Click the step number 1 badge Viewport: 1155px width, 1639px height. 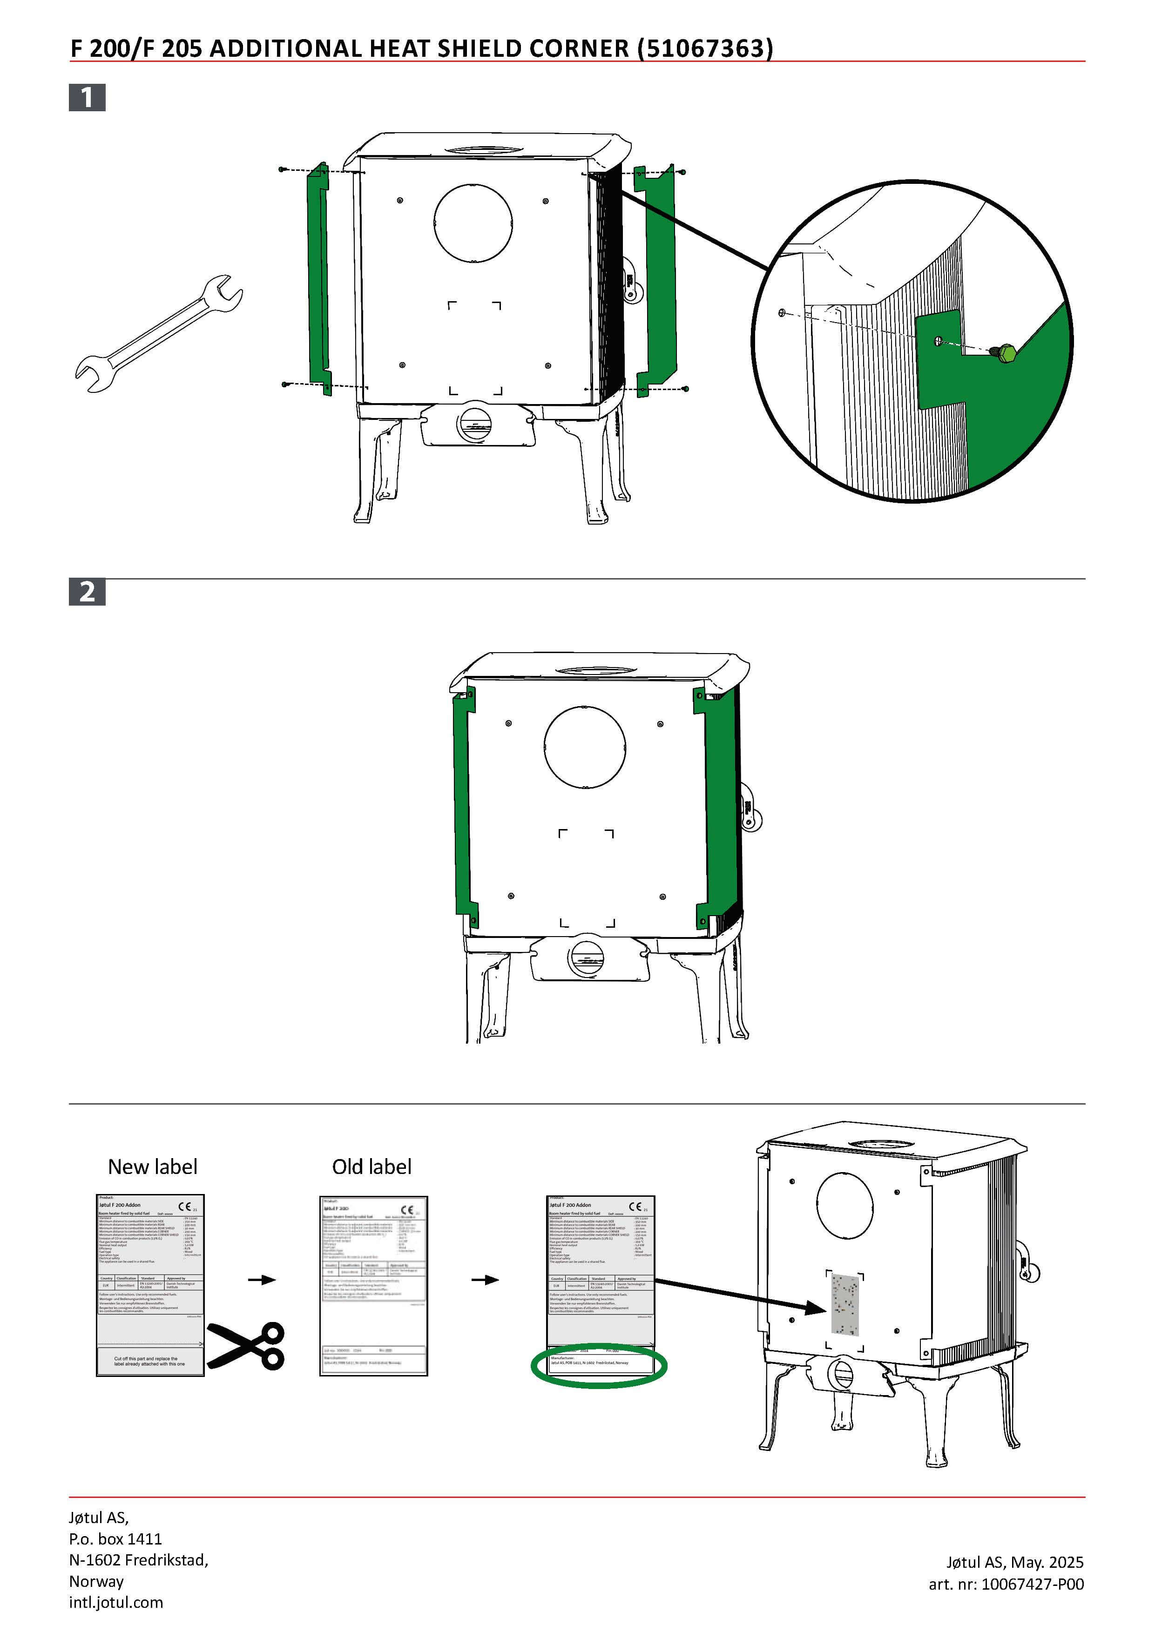(x=87, y=97)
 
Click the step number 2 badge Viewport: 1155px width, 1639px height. (x=87, y=592)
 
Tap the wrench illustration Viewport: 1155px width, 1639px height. (x=158, y=333)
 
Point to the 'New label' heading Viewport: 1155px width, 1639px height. (x=152, y=1167)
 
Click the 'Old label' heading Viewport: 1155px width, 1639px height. (x=371, y=1167)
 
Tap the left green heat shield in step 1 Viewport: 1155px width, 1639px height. (x=318, y=278)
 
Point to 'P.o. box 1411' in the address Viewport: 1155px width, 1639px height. (x=115, y=1538)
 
